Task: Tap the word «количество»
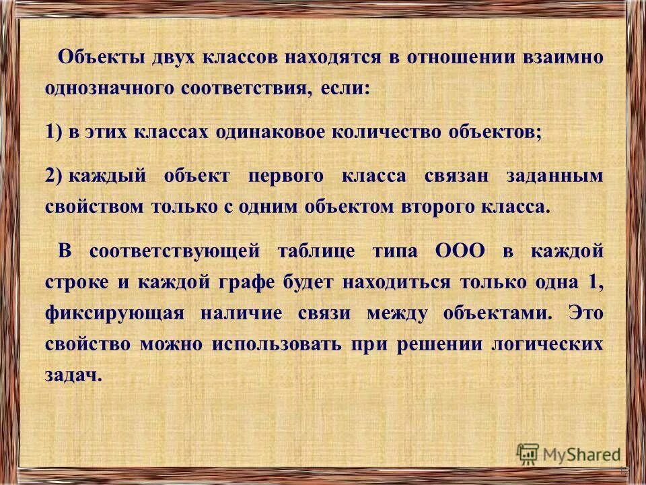coord(392,131)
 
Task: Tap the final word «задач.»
coord(75,376)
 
